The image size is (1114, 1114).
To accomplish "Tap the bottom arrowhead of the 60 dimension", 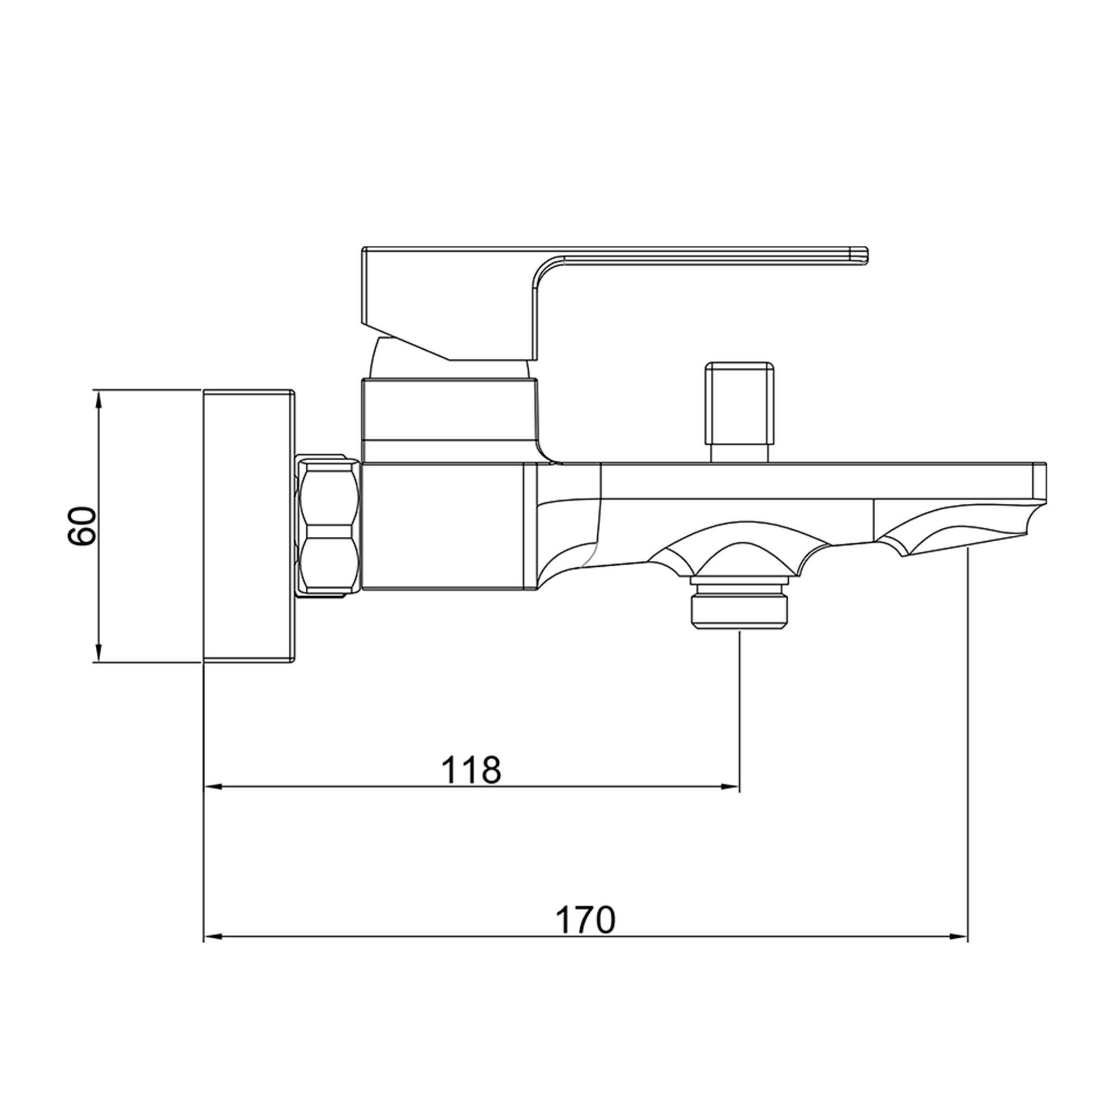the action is (98, 653).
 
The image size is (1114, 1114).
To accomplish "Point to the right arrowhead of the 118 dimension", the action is (730, 787).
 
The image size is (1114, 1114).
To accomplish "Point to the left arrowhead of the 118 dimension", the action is (213, 787).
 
